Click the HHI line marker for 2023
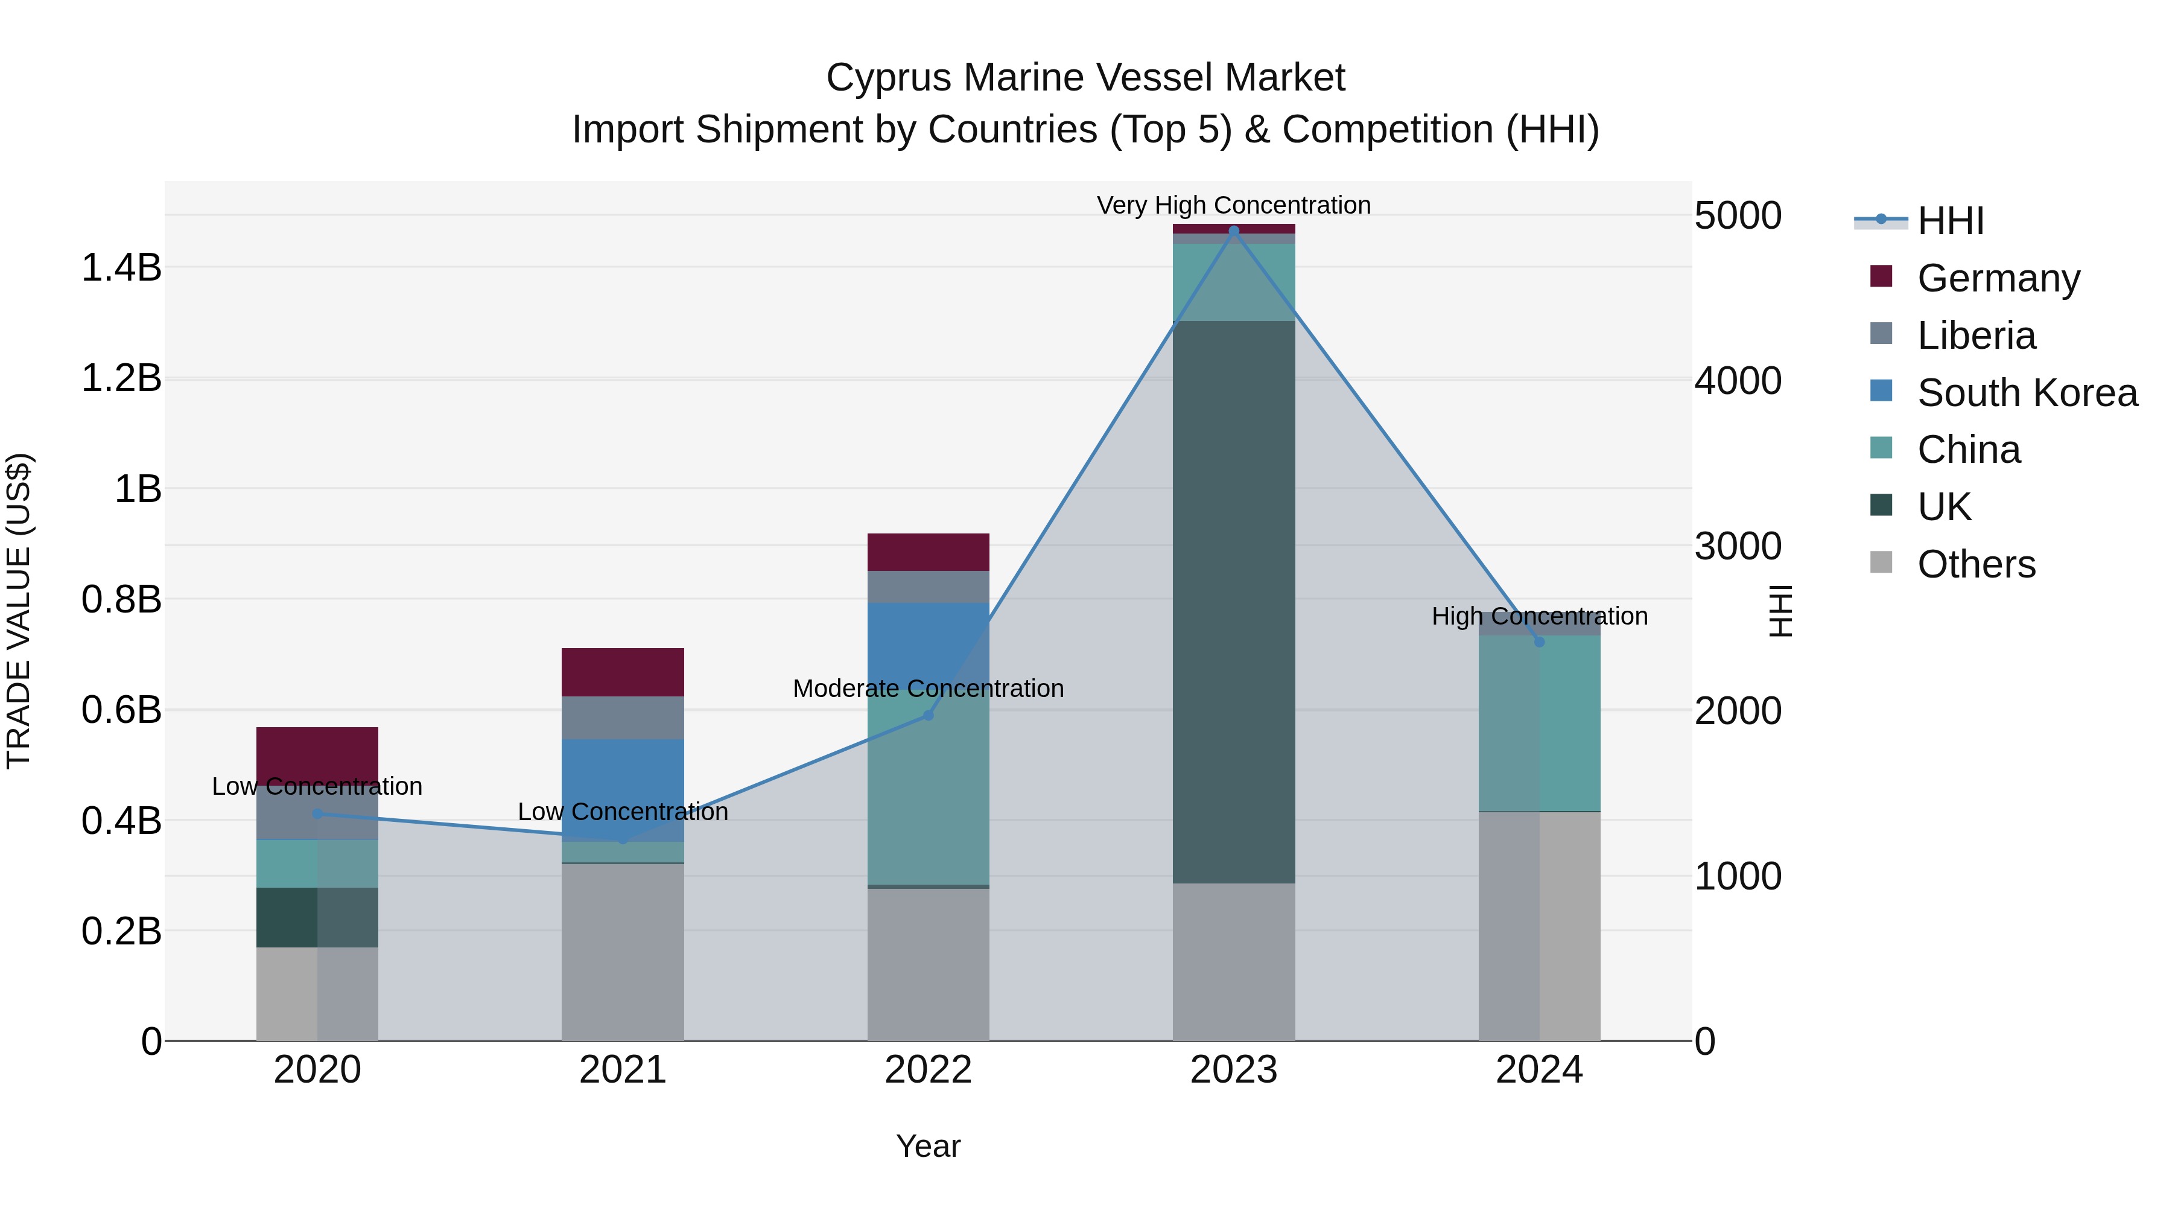click(x=1234, y=231)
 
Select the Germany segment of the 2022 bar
click(x=929, y=552)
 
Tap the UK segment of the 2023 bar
click(x=1234, y=602)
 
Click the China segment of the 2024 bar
click(x=1540, y=724)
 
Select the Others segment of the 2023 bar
click(x=1234, y=961)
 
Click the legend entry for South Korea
click(x=2027, y=393)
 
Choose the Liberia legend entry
click(x=1975, y=336)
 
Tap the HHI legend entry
click(x=1950, y=221)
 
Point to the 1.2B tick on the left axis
click(x=121, y=378)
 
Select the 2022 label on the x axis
click(x=929, y=1070)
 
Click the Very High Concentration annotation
click(x=1234, y=205)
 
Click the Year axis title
click(x=929, y=1146)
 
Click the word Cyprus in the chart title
click(x=889, y=78)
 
